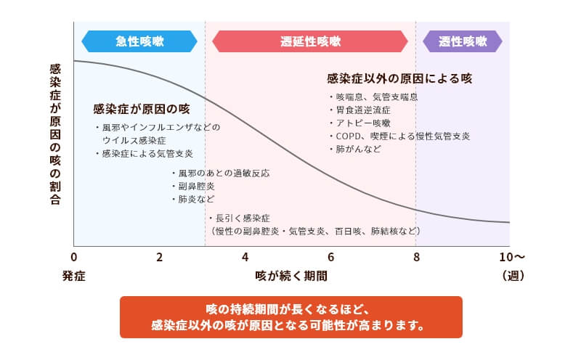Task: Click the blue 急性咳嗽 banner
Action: pyautogui.click(x=139, y=41)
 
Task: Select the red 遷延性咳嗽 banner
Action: pyautogui.click(x=310, y=41)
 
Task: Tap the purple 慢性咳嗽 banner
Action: pyautogui.click(x=463, y=41)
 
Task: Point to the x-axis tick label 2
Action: pyautogui.click(x=159, y=257)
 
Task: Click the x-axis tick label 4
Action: pyautogui.click(x=245, y=257)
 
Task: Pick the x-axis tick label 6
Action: pyautogui.click(x=330, y=257)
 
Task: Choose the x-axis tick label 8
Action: pyautogui.click(x=416, y=257)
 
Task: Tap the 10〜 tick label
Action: pyautogui.click(x=512, y=257)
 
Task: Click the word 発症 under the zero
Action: pyautogui.click(x=74, y=276)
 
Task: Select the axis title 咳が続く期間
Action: pyautogui.click(x=291, y=276)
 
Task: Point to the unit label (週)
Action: pyautogui.click(x=513, y=276)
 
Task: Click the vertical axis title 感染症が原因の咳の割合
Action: pyautogui.click(x=55, y=134)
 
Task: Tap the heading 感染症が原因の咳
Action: pyautogui.click(x=141, y=109)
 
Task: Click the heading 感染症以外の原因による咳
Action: pyautogui.click(x=399, y=78)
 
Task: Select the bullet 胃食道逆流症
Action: pyautogui.click(x=359, y=110)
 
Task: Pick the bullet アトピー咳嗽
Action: pyautogui.click(x=359, y=123)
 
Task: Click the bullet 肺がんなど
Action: pyautogui.click(x=355, y=149)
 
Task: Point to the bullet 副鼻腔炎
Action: pyautogui.click(x=193, y=186)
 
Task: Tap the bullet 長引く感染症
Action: pyautogui.click(x=239, y=218)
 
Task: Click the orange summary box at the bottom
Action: pyautogui.click(x=291, y=317)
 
